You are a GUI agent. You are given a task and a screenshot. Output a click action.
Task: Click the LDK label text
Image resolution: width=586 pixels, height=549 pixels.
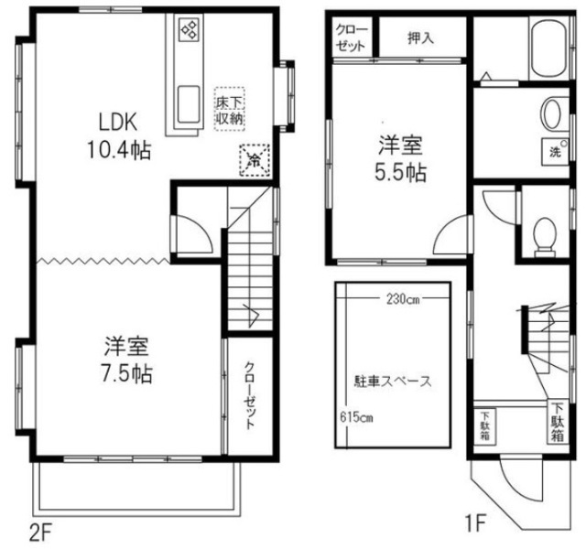click(118, 122)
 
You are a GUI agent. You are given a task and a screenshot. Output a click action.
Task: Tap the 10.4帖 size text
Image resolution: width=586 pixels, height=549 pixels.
click(119, 150)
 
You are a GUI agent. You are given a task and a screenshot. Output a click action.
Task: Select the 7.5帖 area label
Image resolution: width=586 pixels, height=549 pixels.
click(127, 374)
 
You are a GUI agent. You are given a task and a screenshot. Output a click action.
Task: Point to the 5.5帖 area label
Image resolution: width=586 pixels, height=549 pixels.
click(401, 173)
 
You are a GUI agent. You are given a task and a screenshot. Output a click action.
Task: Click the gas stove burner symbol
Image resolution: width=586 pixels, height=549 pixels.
click(189, 29)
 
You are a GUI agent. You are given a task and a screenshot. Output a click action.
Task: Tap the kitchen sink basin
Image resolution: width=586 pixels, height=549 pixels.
click(188, 104)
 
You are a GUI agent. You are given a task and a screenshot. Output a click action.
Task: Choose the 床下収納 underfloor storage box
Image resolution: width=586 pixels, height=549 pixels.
click(230, 109)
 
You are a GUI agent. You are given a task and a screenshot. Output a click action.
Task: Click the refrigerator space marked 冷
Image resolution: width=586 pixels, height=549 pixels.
click(255, 160)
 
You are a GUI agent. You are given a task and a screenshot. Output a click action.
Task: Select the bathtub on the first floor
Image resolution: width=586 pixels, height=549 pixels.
click(548, 48)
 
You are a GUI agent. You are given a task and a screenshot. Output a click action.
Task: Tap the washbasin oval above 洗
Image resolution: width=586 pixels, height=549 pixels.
click(551, 113)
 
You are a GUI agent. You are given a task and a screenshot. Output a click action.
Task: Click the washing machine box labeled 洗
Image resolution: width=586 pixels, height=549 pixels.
click(556, 152)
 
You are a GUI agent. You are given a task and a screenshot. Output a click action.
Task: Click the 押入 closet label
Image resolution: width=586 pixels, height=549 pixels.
click(421, 38)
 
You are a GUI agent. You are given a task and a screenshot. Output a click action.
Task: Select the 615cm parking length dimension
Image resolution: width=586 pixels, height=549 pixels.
click(356, 416)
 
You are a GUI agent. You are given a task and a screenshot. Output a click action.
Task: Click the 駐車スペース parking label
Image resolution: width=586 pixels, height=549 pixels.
click(393, 382)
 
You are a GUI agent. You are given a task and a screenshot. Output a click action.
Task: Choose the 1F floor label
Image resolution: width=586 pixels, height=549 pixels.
click(475, 522)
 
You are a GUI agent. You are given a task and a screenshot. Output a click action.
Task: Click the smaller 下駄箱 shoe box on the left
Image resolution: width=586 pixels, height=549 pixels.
click(485, 425)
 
